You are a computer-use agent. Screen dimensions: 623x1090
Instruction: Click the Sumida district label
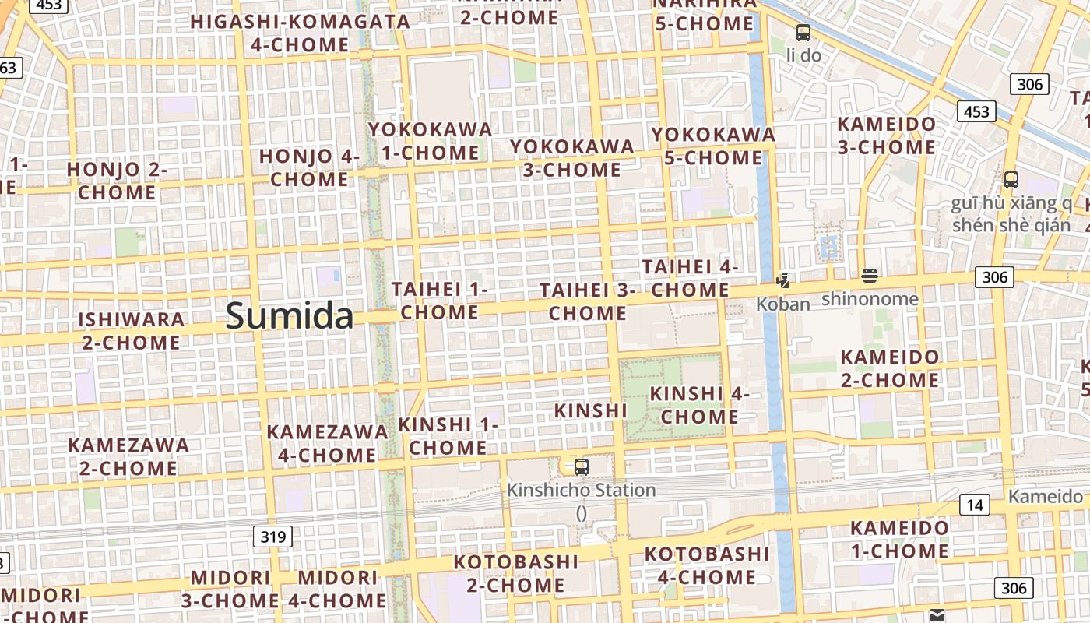point(289,316)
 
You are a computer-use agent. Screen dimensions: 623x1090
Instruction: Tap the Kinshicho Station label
point(581,491)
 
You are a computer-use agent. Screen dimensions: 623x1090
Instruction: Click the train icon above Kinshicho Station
point(581,467)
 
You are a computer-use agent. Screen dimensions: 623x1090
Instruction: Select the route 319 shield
point(272,537)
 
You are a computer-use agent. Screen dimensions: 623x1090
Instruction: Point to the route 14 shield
point(974,505)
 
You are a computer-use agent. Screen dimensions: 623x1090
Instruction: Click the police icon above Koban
point(782,281)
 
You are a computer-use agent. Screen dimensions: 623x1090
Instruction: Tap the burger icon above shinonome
point(870,276)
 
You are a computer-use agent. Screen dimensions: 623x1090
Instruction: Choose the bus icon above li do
point(803,33)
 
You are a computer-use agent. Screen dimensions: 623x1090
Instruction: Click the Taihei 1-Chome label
point(439,301)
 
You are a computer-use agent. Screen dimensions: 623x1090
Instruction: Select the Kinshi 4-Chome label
point(699,405)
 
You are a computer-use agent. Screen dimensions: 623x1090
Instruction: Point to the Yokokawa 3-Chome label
point(572,158)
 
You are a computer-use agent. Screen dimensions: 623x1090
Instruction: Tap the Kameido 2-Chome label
point(889,369)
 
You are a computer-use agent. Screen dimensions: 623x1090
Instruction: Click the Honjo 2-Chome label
point(117,181)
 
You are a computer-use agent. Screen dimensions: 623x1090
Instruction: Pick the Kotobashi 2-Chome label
point(516,573)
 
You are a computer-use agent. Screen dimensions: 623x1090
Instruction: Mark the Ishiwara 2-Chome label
point(131,331)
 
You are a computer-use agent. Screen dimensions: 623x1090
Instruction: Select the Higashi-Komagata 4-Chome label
point(300,33)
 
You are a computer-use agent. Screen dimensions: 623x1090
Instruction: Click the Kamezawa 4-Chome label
point(327,443)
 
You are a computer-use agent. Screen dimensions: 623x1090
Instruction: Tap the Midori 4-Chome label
point(338,589)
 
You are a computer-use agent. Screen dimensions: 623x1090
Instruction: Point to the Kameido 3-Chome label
point(886,136)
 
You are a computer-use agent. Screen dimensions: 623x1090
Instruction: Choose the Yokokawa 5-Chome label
point(713,146)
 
